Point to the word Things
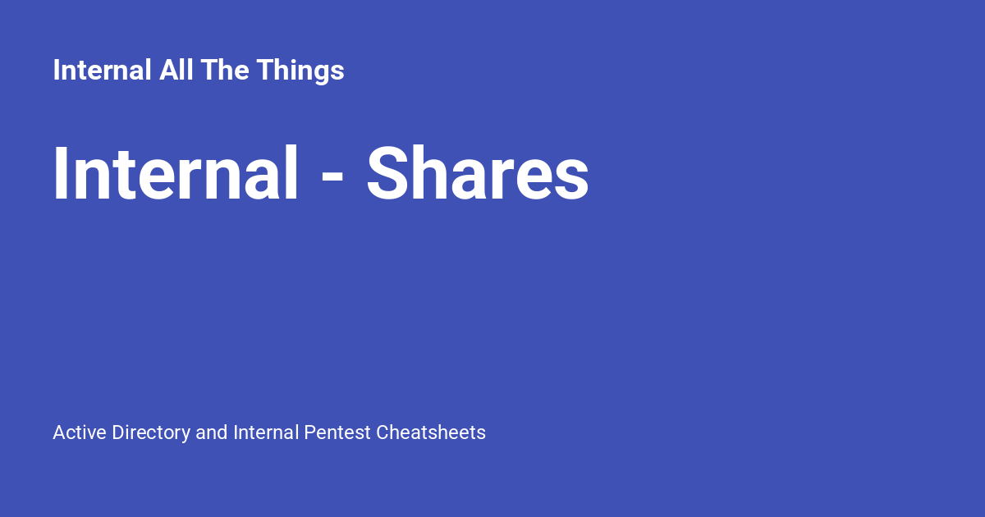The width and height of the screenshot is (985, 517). [300, 71]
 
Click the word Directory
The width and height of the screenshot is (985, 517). [151, 432]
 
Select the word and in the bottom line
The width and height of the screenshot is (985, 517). [212, 432]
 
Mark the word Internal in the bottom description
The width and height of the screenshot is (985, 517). [265, 432]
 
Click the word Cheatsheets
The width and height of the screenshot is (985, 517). [431, 432]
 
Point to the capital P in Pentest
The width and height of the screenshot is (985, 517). [309, 432]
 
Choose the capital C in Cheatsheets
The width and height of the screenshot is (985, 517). [383, 432]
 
